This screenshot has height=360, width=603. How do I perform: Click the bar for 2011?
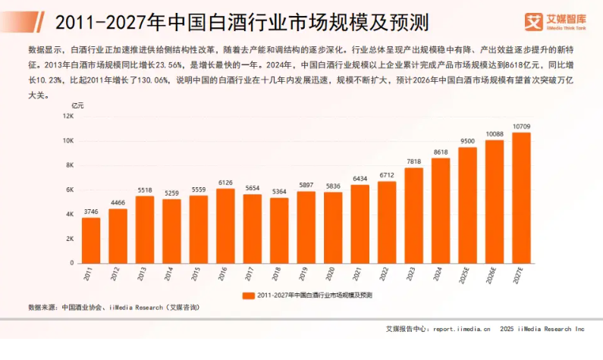pos(91,240)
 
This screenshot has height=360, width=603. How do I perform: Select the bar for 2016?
pos(225,226)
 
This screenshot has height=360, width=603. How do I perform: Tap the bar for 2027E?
pos(521,198)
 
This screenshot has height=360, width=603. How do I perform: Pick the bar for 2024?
pos(441,211)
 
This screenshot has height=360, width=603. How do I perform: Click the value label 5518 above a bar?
pos(144,190)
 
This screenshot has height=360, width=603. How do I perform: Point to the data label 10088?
pos(495,134)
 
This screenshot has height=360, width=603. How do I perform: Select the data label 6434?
pos(360,179)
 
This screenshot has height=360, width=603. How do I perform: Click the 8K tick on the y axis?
pos(69,165)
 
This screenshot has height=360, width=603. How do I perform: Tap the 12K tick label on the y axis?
pos(68,117)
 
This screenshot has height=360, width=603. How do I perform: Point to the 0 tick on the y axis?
pos(72,263)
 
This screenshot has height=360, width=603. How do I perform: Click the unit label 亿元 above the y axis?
pos(77,105)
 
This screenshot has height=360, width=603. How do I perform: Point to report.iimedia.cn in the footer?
pos(462,329)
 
